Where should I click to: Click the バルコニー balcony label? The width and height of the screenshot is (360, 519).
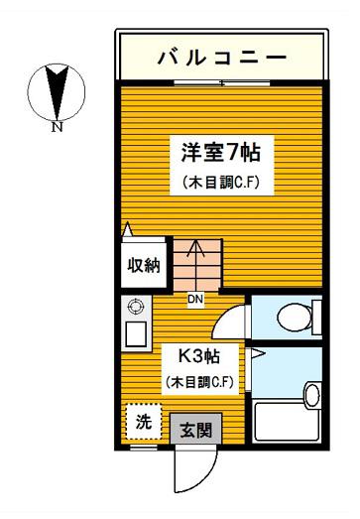click(222, 58)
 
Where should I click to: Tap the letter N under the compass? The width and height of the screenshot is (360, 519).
click(57, 127)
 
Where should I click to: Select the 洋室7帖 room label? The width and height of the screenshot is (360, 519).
click(221, 153)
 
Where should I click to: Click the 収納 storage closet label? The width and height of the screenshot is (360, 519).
click(144, 265)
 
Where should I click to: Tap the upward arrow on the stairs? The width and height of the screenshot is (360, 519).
click(196, 265)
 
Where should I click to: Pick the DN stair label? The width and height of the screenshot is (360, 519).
click(195, 300)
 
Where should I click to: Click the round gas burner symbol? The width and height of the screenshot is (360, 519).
click(136, 307)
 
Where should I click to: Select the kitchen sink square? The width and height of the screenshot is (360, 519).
click(136, 333)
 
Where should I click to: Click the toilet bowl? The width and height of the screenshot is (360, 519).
click(295, 318)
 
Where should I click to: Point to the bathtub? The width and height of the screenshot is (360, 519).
click(287, 421)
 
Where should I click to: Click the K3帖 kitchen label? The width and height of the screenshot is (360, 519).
click(199, 357)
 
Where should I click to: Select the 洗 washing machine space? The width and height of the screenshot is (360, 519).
click(144, 422)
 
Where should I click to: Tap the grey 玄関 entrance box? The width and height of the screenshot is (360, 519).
click(196, 429)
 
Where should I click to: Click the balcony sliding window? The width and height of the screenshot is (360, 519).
click(222, 82)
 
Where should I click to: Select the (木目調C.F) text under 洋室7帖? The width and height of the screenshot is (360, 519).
click(221, 183)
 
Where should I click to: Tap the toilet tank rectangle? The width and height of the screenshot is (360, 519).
click(317, 318)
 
